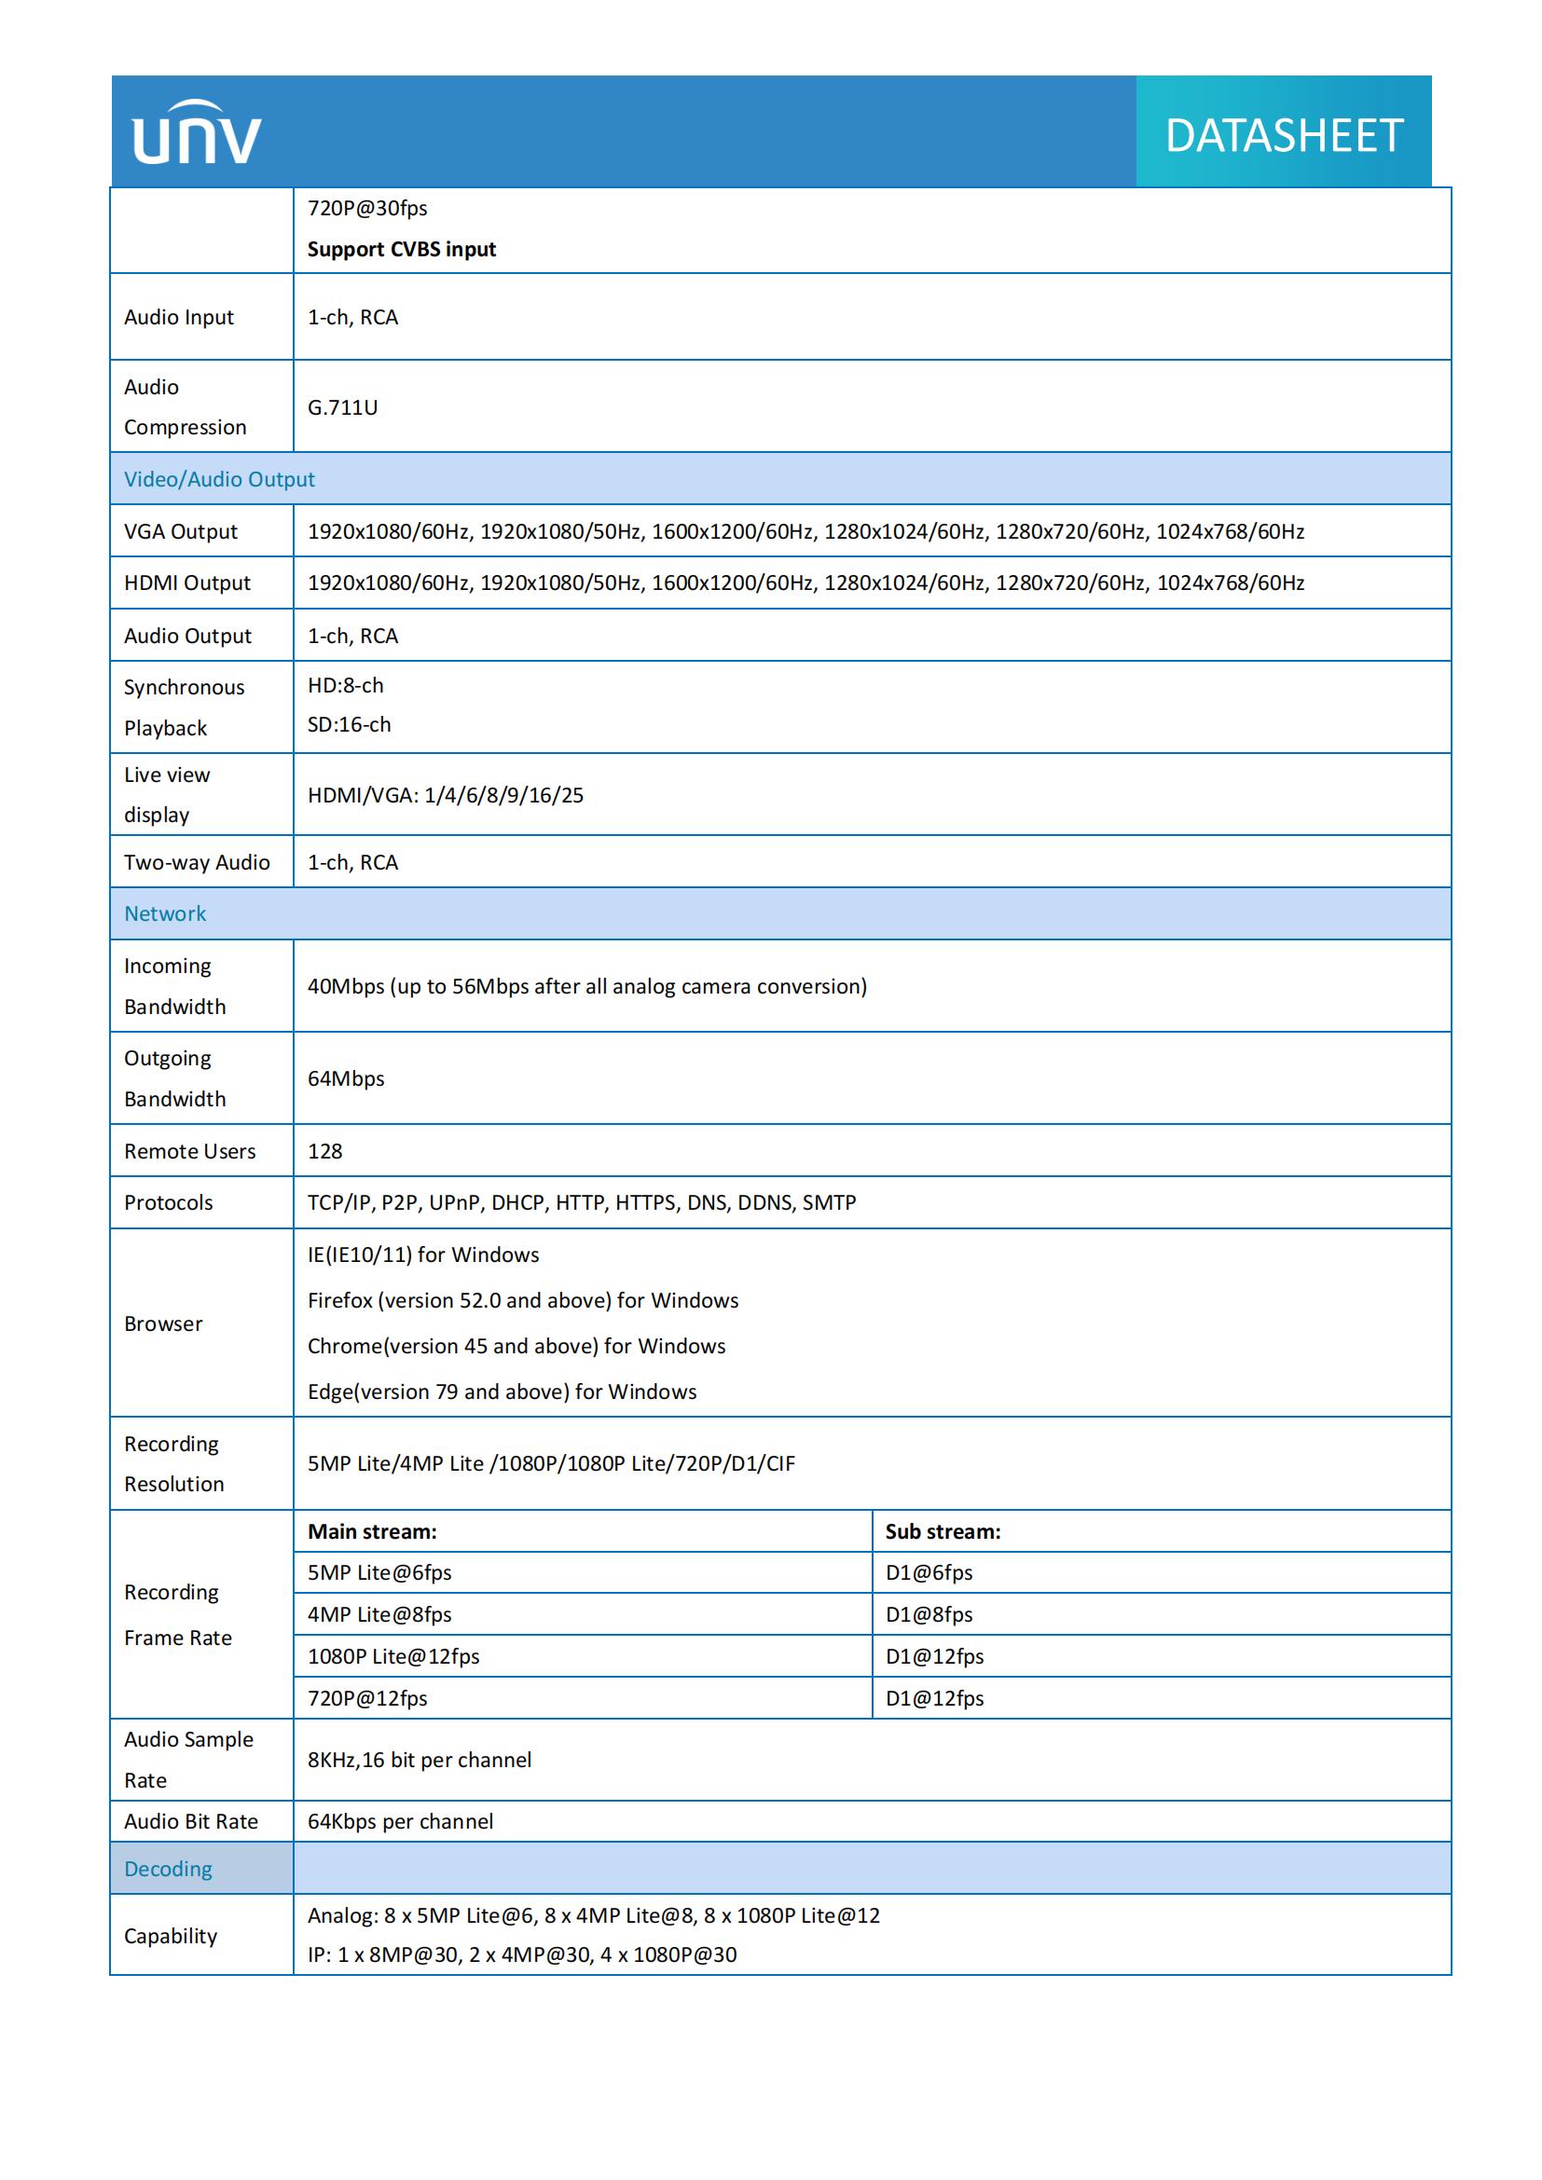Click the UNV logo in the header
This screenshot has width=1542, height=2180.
click(x=197, y=133)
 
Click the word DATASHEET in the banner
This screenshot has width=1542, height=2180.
click(x=1283, y=136)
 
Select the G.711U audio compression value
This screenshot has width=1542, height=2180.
click(x=342, y=407)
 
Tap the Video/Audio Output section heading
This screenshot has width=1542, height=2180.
click(x=219, y=479)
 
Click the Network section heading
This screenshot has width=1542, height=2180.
click(x=165, y=913)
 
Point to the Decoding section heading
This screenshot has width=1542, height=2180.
click(x=168, y=1869)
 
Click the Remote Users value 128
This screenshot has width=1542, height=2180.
click(x=324, y=1151)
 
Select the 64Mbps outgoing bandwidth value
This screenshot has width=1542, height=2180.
click(x=346, y=1078)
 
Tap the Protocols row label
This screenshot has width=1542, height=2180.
click(x=168, y=1202)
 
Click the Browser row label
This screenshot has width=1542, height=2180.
click(x=163, y=1323)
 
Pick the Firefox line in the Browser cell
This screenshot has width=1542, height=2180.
click(x=522, y=1300)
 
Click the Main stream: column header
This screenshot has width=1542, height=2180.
click(x=372, y=1531)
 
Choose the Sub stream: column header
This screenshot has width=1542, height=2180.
click(x=943, y=1531)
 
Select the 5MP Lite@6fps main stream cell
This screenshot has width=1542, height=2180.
click(x=379, y=1572)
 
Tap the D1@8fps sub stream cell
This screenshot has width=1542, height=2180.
click(x=929, y=1614)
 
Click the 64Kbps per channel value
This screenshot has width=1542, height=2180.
click(x=400, y=1821)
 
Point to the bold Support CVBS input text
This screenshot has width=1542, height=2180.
click(x=402, y=249)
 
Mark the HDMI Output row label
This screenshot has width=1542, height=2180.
click(x=187, y=583)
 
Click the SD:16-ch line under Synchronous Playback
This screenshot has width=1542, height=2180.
click(x=349, y=724)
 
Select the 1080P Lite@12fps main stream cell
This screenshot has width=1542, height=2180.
click(x=393, y=1656)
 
